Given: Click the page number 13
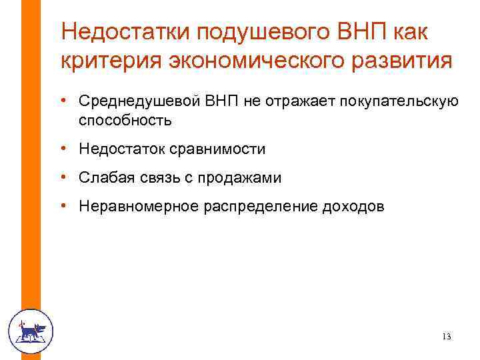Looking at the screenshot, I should click(446, 337).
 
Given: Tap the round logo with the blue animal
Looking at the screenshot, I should click(30, 331).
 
